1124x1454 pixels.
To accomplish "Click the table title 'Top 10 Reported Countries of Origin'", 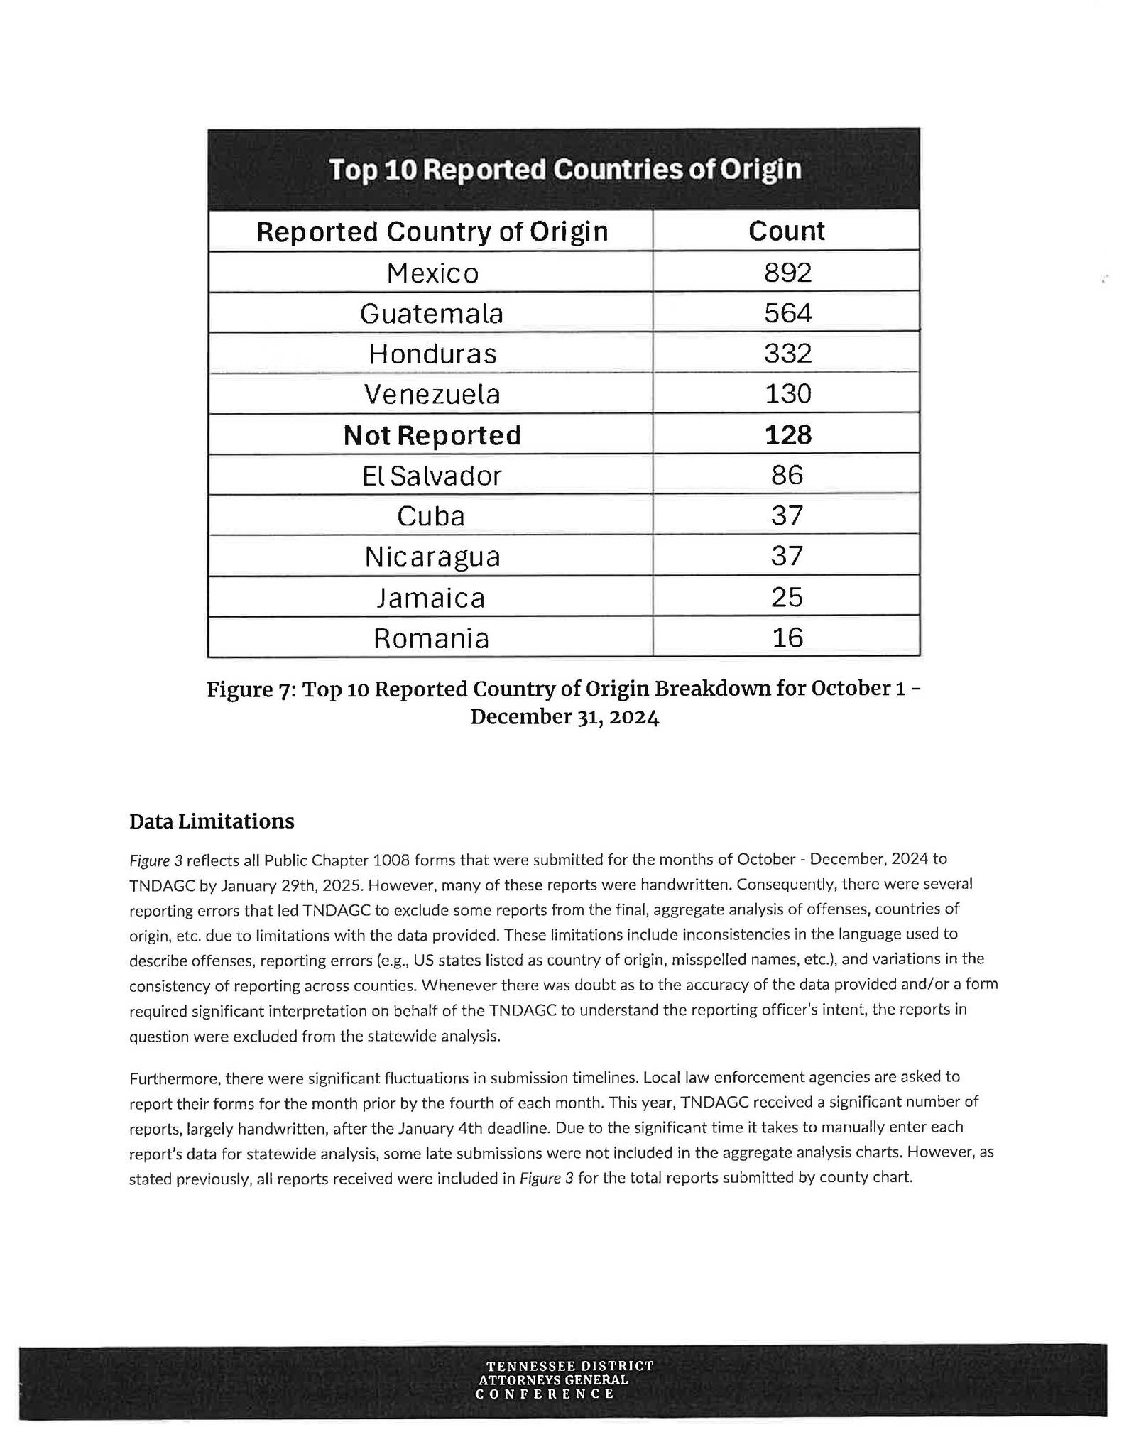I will pyautogui.click(x=564, y=170).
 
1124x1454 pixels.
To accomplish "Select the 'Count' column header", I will pyautogui.click(x=786, y=231).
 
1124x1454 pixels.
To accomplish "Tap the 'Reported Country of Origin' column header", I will pyautogui.click(x=432, y=231).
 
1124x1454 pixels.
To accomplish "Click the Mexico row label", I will pyautogui.click(x=432, y=273).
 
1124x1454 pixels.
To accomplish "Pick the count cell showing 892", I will pyautogui.click(x=787, y=272).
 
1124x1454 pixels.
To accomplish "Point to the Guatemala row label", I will pyautogui.click(x=432, y=313).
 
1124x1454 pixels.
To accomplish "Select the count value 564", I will pyautogui.click(x=787, y=312).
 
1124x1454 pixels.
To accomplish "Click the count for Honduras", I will pyautogui.click(x=787, y=353).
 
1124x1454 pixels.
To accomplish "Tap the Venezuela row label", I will pyautogui.click(x=432, y=394).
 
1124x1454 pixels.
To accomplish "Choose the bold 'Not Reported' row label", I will pyautogui.click(x=432, y=435).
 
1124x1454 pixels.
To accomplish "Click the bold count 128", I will pyautogui.click(x=787, y=434).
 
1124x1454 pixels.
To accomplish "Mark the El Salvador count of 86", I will pyautogui.click(x=787, y=475).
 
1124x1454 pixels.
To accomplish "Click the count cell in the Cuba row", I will pyautogui.click(x=787, y=515).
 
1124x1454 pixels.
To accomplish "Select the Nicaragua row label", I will pyautogui.click(x=432, y=557).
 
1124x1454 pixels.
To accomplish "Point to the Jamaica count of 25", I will pyautogui.click(x=787, y=597).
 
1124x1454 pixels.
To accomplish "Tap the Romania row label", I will pyautogui.click(x=432, y=638).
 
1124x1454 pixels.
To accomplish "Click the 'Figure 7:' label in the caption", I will pyautogui.click(x=251, y=690).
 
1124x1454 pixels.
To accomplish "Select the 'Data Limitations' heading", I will pyautogui.click(x=212, y=821).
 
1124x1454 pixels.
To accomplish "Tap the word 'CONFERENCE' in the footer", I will pyautogui.click(x=545, y=1394).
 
